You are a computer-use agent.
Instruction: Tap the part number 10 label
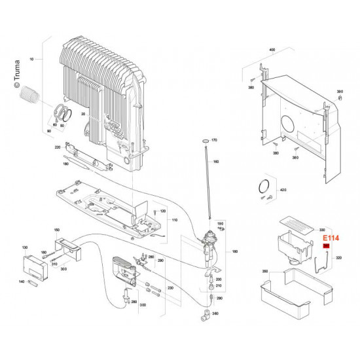pyautogui.click(x=31, y=60)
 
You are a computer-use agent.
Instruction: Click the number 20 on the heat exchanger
pyautogui.click(x=84, y=114)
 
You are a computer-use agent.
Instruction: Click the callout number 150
pyautogui.click(x=56, y=230)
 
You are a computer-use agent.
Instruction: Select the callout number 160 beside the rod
pyautogui.click(x=217, y=162)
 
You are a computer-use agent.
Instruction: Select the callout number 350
pyautogui.click(x=265, y=270)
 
